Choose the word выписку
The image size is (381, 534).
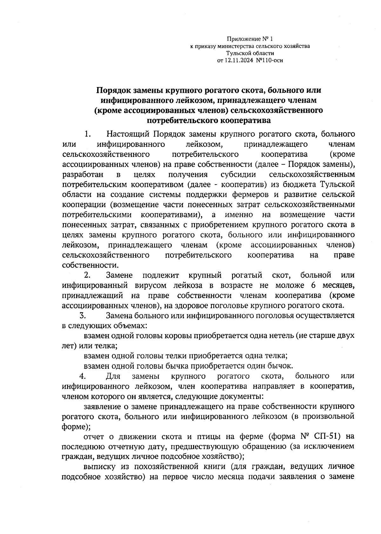click(97, 467)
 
